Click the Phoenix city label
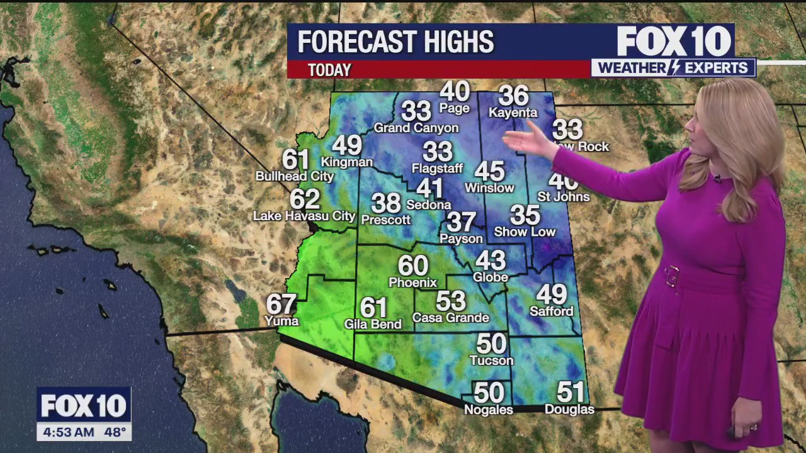(x=412, y=282)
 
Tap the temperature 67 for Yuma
(x=281, y=305)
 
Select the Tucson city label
(x=492, y=361)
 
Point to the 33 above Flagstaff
(x=438, y=152)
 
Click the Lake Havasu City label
(x=304, y=216)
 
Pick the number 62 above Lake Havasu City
(x=305, y=199)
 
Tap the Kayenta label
(x=513, y=113)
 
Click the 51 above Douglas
(x=570, y=393)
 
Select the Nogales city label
(x=489, y=410)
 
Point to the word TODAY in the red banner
(x=329, y=70)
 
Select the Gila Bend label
(x=373, y=325)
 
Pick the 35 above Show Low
(x=525, y=215)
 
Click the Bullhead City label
(x=294, y=177)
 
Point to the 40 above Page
(x=455, y=92)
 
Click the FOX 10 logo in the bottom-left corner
(x=83, y=406)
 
